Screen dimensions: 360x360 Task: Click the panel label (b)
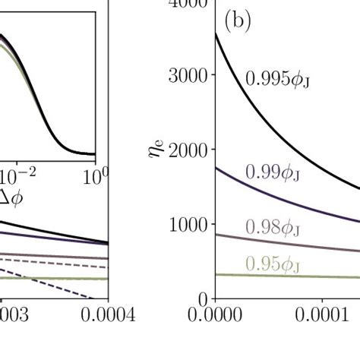[236, 23]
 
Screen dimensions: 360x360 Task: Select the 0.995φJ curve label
[273, 78]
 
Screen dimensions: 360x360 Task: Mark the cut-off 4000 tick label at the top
[186, 4]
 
